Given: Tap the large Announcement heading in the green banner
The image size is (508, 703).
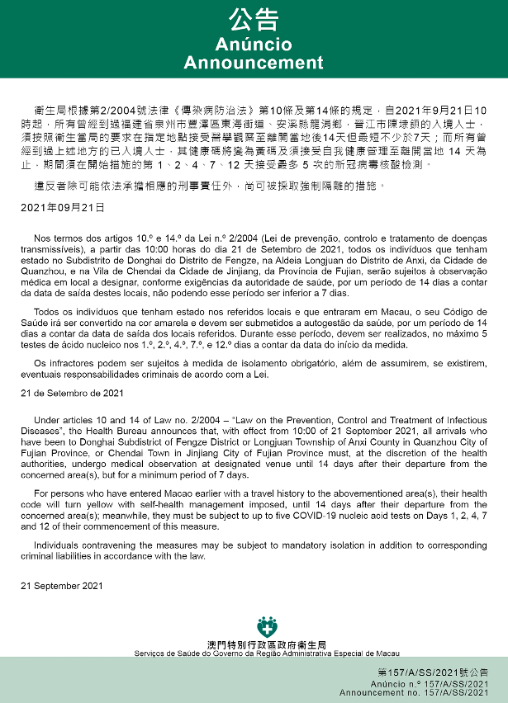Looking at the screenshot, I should (x=254, y=63).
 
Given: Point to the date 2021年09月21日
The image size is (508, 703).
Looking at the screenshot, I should (x=63, y=207).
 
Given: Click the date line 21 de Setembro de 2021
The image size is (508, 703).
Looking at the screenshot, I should (x=72, y=394).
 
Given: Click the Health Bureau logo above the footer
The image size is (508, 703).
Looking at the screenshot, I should (x=266, y=626).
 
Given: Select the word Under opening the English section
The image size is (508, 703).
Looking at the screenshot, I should (x=46, y=420).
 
